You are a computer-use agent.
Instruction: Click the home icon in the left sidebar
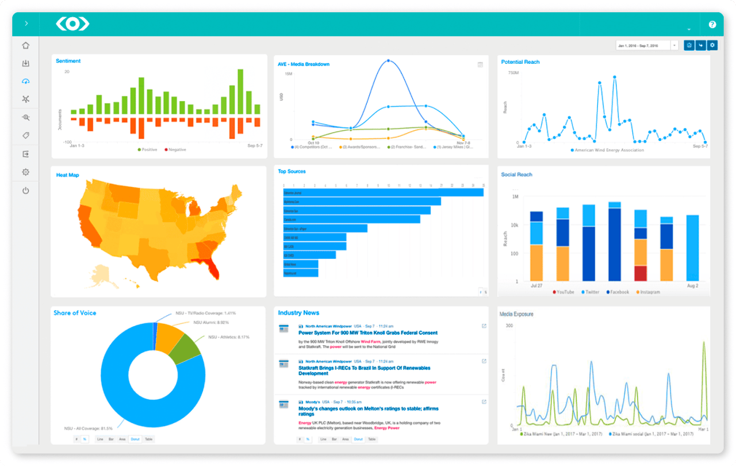point(25,45)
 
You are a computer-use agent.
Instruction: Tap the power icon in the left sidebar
point(25,190)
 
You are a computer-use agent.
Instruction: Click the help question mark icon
point(712,25)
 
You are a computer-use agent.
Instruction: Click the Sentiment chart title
point(68,61)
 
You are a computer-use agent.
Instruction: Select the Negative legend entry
point(176,150)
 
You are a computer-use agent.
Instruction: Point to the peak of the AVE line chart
point(389,60)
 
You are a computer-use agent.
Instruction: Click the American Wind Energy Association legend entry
point(609,150)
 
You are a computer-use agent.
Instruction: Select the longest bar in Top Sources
point(383,192)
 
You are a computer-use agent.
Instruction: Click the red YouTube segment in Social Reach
point(641,273)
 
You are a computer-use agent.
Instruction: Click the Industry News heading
point(298,312)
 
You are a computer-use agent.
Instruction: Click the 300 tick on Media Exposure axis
point(508,326)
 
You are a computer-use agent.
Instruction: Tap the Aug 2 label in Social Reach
point(693,286)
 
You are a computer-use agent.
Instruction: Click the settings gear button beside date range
point(712,45)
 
